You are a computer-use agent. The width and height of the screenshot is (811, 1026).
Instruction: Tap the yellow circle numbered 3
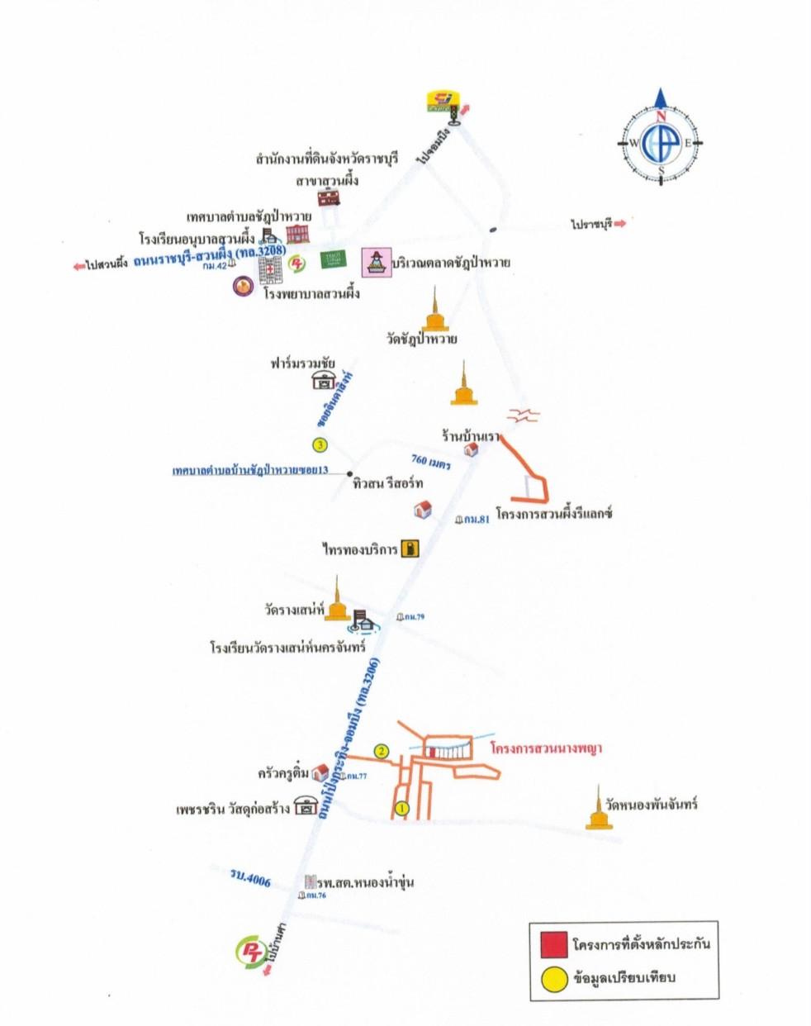pos(320,445)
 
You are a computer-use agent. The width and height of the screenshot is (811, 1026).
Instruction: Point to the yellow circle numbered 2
pos(381,751)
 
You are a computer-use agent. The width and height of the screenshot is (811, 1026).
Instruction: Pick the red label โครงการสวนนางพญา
pos(545,749)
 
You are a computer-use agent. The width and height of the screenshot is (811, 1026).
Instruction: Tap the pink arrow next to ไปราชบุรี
pos(620,223)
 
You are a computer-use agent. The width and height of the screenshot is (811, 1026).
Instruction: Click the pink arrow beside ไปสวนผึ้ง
pos(78,265)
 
